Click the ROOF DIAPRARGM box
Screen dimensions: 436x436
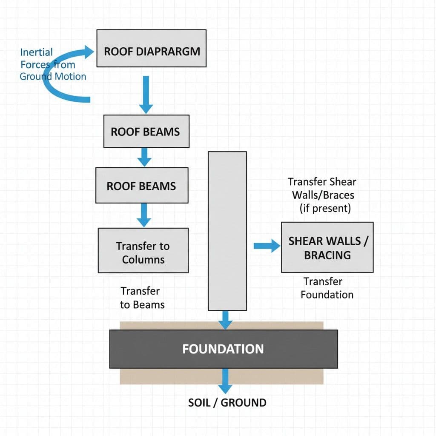click(x=151, y=48)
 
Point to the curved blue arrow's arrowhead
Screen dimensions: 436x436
click(x=91, y=52)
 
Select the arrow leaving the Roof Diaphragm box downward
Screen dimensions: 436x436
click(x=146, y=95)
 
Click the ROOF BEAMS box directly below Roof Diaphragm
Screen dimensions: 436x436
click(x=146, y=132)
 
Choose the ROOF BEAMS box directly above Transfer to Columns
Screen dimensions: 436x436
click(x=141, y=186)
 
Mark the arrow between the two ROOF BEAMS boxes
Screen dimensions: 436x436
click(x=145, y=157)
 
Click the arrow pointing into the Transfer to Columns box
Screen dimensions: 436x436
click(x=143, y=215)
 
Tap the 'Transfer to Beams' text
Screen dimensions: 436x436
click(x=142, y=298)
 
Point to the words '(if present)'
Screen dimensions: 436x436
click(x=325, y=208)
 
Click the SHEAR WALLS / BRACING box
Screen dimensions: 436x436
click(x=327, y=247)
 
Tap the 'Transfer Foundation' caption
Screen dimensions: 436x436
click(x=327, y=288)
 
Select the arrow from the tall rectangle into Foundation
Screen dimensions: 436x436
click(x=226, y=319)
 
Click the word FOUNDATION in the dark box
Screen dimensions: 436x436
click(x=223, y=349)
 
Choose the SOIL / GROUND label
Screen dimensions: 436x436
click(x=227, y=402)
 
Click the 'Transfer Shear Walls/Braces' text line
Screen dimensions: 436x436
click(x=322, y=188)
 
